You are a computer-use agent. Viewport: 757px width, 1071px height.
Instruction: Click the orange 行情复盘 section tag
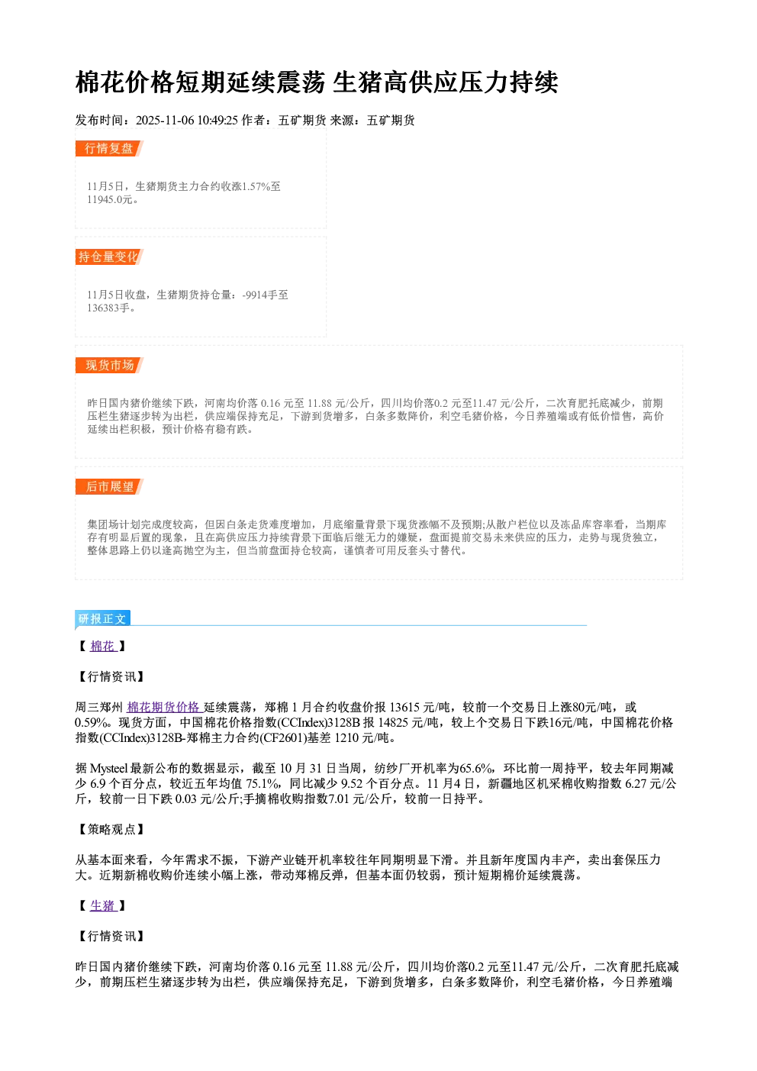click(x=109, y=148)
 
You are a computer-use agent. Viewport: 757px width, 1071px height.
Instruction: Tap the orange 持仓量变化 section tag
click(x=109, y=256)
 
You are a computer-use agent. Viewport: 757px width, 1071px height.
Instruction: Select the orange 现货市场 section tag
click(x=109, y=366)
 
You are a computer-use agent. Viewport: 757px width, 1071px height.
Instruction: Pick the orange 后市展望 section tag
click(x=109, y=487)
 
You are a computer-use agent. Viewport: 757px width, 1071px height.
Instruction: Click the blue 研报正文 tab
click(x=102, y=618)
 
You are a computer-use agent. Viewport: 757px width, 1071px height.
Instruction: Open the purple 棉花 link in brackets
click(x=103, y=647)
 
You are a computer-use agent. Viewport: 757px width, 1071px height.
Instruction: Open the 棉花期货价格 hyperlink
click(x=164, y=707)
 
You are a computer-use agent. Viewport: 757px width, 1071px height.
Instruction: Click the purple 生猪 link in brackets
click(x=103, y=905)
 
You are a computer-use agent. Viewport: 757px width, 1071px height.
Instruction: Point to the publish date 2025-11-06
click(x=165, y=121)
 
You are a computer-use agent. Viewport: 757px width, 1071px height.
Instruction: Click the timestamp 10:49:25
click(x=217, y=121)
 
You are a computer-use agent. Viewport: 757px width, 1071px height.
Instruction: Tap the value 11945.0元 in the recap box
click(x=109, y=200)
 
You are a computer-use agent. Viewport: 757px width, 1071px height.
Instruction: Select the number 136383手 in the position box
click(x=108, y=308)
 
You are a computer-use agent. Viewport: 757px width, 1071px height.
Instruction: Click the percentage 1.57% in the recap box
click(x=256, y=186)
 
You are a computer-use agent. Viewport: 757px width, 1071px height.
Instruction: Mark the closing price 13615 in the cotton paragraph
click(x=404, y=707)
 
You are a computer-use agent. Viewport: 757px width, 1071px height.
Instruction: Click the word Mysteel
click(x=109, y=769)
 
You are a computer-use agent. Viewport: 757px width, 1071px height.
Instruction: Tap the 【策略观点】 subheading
click(x=110, y=829)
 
